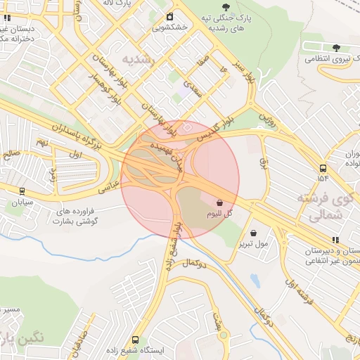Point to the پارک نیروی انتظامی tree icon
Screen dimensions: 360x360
coord(336,48)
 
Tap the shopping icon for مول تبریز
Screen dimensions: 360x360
coord(253,233)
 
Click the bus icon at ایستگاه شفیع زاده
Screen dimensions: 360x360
coord(136,340)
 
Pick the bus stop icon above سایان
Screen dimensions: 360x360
coord(22,191)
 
